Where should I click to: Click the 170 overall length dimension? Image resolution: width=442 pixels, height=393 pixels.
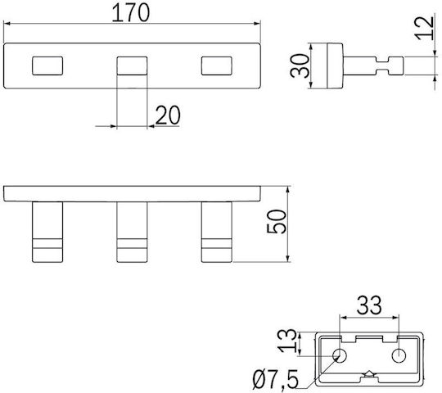130,13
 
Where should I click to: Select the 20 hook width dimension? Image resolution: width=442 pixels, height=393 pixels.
168,115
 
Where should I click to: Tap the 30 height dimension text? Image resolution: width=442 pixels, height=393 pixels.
300,65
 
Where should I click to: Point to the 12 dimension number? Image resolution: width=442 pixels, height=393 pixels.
424,28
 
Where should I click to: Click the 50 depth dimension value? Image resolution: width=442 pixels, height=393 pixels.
277,222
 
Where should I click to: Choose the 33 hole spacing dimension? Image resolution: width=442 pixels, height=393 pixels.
369,305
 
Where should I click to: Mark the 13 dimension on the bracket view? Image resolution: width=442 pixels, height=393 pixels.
287,341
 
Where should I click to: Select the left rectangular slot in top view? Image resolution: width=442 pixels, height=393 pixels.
47,66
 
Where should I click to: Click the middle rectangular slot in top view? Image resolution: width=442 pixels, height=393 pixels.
132,66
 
